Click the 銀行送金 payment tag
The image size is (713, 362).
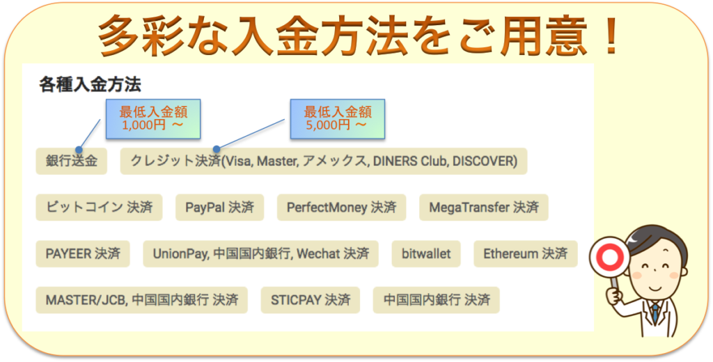72,161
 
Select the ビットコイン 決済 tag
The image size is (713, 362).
99,207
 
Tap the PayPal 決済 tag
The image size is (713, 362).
219,207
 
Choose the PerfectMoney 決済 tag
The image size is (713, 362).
341,207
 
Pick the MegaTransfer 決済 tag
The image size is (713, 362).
484,207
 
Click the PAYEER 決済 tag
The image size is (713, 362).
83,254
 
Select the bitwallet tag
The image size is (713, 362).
426,254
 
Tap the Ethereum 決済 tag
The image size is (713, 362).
526,254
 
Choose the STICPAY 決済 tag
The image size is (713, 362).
311,300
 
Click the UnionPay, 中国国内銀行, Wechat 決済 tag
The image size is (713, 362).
260,254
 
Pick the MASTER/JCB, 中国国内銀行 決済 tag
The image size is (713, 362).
142,300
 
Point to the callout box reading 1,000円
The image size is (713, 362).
153,119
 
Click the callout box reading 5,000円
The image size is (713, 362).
338,119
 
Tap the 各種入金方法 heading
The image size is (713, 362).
90,85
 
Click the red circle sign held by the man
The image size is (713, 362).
609,258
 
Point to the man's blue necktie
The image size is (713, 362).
655,313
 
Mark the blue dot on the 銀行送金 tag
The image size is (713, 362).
79,150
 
